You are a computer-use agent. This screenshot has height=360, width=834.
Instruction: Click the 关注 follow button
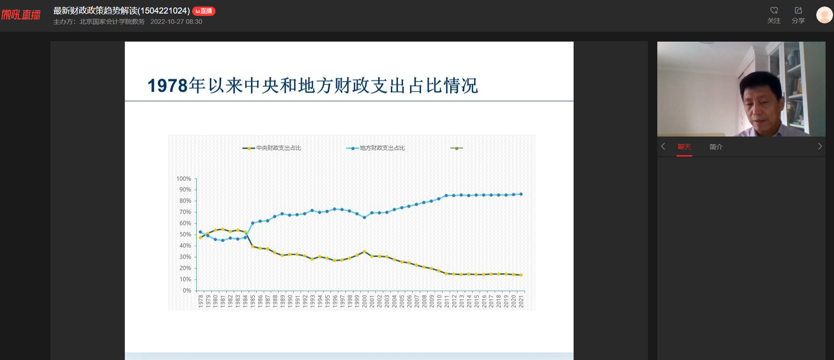[774, 15]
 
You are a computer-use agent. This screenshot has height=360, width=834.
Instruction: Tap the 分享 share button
[798, 15]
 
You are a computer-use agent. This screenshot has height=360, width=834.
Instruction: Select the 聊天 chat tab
[684, 147]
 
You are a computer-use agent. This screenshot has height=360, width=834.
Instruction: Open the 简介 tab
[716, 147]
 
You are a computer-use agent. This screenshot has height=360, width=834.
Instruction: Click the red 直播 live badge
[204, 11]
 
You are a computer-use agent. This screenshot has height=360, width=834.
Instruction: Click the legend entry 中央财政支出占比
[272, 148]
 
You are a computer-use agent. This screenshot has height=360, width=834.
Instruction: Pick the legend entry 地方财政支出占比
[375, 148]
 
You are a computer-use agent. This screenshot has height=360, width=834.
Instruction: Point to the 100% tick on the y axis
[184, 179]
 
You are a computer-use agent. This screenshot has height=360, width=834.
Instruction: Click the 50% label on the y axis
[185, 234]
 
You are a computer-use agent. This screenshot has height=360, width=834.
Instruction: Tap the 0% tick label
[187, 290]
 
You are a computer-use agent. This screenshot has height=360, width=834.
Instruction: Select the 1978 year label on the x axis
[201, 301]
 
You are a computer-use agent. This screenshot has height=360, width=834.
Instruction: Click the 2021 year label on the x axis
[521, 301]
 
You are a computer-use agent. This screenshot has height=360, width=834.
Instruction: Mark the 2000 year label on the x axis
[365, 301]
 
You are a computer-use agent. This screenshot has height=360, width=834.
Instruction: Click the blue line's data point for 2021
[521, 194]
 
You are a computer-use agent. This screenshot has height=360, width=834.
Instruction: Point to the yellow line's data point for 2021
[521, 275]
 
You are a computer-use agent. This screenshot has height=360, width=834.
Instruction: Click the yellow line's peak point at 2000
[365, 252]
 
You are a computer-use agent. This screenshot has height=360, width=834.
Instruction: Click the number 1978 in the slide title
[167, 86]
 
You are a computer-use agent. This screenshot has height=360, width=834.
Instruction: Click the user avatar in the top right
[824, 15]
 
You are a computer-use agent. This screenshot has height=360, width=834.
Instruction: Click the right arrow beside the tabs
[820, 146]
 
